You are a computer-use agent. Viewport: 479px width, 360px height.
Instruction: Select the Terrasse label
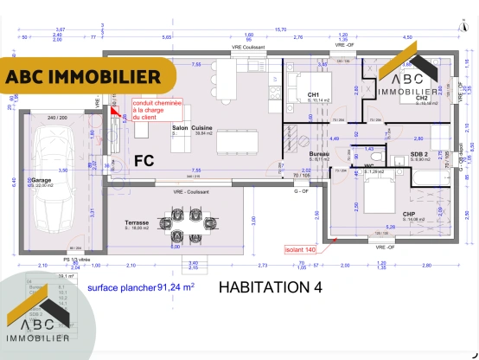(137, 222)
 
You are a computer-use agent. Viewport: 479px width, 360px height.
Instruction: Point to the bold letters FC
(144, 160)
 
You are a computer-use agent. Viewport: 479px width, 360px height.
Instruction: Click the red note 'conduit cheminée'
(151, 108)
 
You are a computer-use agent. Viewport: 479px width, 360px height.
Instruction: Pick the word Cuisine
(202, 127)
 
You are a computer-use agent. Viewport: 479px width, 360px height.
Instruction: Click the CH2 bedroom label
(421, 98)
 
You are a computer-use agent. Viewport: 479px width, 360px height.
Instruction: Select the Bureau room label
(319, 153)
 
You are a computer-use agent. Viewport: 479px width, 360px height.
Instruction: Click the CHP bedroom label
(409, 214)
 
